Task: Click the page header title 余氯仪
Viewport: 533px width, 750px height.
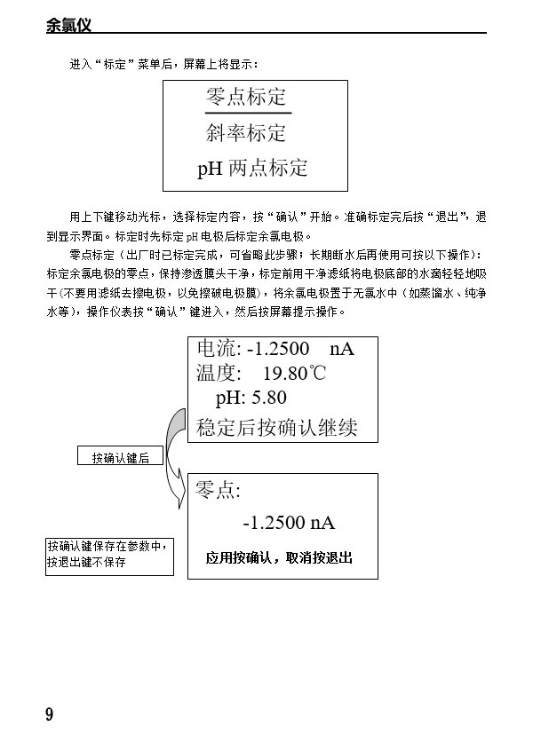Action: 68,25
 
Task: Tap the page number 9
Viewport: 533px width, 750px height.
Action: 50,714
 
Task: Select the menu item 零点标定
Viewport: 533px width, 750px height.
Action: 246,97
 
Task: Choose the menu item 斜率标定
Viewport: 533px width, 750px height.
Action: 246,132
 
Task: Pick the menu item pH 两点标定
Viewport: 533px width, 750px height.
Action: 252,168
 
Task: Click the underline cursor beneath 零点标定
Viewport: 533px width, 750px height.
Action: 248,113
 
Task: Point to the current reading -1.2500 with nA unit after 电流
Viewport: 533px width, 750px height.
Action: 301,349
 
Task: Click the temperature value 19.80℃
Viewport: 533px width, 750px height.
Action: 295,373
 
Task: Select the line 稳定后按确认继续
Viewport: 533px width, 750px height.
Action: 277,427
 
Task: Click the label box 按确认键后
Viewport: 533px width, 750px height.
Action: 120,455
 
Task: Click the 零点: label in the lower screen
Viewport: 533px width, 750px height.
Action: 218,490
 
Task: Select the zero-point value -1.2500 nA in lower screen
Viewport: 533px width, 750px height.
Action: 289,522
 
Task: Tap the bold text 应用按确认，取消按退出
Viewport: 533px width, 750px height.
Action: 279,557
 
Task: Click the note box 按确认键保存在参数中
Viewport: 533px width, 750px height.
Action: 109,556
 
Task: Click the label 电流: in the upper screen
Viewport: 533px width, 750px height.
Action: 219,348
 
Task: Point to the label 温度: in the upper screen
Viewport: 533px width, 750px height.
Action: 219,373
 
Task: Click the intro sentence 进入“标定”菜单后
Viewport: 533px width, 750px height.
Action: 121,64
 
